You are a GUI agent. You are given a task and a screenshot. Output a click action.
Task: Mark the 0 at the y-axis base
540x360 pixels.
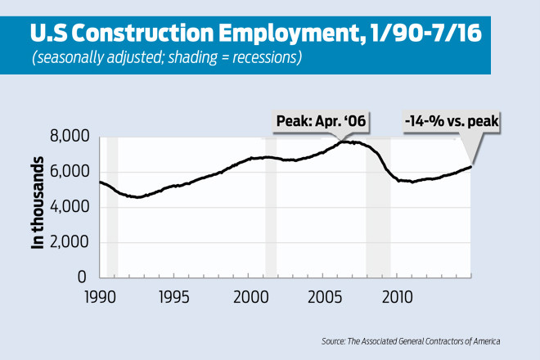point(83,277)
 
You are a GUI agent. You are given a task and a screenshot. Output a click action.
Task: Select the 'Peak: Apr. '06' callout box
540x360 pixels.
point(319,122)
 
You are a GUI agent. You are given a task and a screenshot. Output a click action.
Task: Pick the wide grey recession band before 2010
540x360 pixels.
point(378,229)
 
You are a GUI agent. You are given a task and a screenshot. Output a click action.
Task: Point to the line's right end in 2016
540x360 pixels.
point(470,166)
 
